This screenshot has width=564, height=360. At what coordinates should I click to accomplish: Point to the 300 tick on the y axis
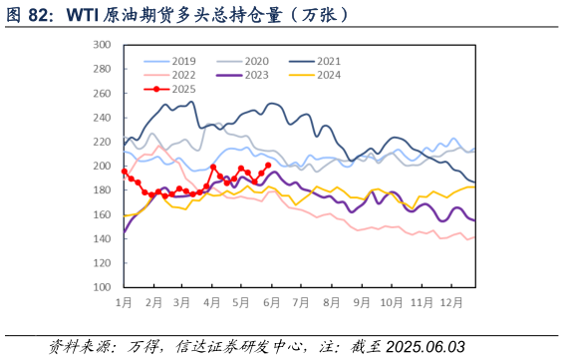[101, 45]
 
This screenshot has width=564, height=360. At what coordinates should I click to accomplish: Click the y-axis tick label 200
[101, 166]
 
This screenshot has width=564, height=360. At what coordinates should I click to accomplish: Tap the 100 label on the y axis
[101, 287]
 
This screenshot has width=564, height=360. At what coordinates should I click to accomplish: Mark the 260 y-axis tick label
[101, 94]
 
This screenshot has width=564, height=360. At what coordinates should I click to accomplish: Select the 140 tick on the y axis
[101, 238]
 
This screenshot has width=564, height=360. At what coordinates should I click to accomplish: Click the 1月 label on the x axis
[125, 301]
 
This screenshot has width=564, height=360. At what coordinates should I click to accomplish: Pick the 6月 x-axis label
[269, 301]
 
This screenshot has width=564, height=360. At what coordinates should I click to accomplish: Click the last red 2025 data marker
[268, 166]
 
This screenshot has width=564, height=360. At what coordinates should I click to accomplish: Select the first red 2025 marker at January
[125, 172]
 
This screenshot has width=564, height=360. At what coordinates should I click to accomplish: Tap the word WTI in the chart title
[82, 15]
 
